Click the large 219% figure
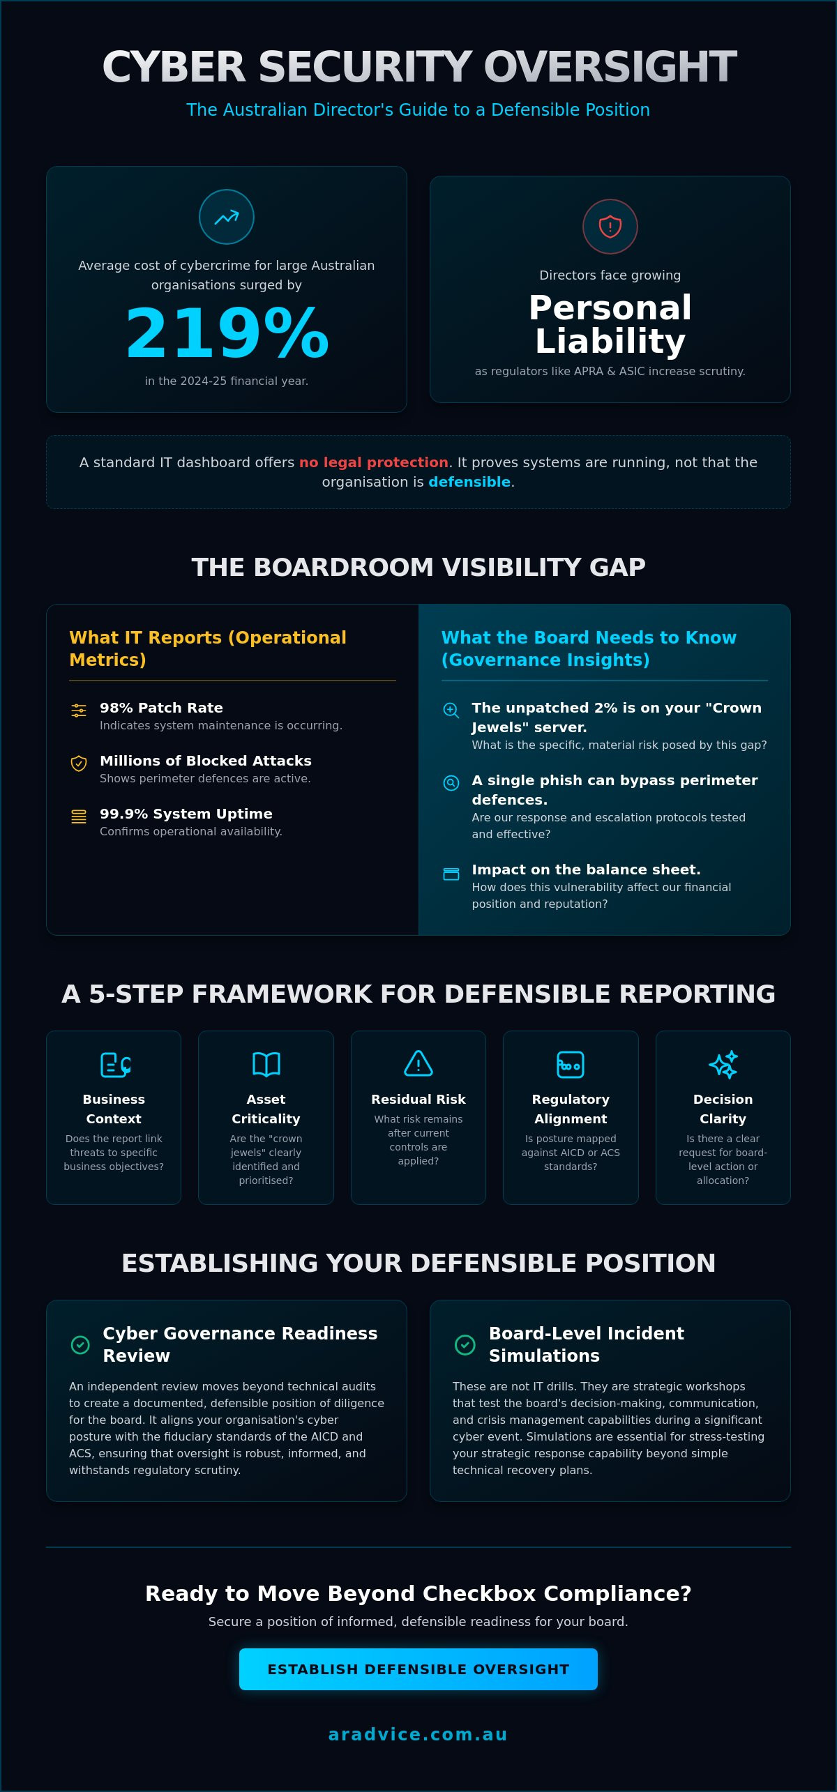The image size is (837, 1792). [x=227, y=333]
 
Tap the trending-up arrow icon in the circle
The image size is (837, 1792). [x=227, y=218]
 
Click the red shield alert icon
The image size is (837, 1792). [x=610, y=227]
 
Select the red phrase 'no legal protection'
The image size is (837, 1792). [x=373, y=462]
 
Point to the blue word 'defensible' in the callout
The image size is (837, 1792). [x=469, y=482]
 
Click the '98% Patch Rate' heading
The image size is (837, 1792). [x=161, y=708]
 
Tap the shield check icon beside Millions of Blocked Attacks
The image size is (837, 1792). [x=79, y=764]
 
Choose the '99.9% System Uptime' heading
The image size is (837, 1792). [x=186, y=814]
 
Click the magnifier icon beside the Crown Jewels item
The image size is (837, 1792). [x=451, y=711]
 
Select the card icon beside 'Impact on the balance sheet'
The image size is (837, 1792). [x=451, y=874]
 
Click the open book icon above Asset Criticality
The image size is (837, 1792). [x=266, y=1064]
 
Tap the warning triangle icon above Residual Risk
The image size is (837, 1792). [x=418, y=1063]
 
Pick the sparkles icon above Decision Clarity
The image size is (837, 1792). [x=723, y=1065]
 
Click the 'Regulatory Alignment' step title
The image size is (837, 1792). [x=571, y=1109]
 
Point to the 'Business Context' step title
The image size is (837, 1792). [x=114, y=1109]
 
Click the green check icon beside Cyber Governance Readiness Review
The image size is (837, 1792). [x=80, y=1344]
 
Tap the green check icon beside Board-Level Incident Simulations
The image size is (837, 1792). [x=465, y=1344]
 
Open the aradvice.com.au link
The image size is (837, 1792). [x=418, y=1734]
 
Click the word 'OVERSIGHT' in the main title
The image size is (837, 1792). [x=610, y=67]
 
